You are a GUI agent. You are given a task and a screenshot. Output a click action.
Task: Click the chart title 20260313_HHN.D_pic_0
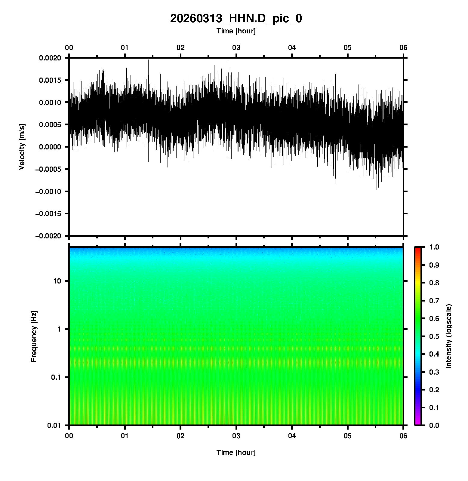point(236,19)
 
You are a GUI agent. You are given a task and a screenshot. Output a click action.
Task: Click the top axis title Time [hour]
point(236,31)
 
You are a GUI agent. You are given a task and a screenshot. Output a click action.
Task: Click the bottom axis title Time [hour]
point(236,452)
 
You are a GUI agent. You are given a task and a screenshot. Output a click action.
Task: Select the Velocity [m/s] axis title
point(22,147)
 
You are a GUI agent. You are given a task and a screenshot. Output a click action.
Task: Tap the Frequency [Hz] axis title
point(34,336)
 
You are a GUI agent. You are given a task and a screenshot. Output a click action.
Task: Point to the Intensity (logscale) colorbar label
point(449,336)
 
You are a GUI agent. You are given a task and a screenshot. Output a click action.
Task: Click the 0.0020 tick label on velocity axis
point(50,58)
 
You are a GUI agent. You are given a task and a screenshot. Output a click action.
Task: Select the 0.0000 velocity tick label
point(50,147)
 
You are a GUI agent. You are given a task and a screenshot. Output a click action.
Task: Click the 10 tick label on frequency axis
point(57,281)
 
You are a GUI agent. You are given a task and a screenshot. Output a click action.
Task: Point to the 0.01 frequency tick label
point(54,425)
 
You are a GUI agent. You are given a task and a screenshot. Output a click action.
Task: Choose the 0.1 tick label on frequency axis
point(56,377)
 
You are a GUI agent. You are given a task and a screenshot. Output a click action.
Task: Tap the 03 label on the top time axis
point(236,47)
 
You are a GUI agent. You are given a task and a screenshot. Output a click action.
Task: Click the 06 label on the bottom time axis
point(403,436)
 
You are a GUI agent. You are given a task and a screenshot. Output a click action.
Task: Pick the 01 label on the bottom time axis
point(125,436)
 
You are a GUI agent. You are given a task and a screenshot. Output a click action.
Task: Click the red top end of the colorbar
point(417,250)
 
